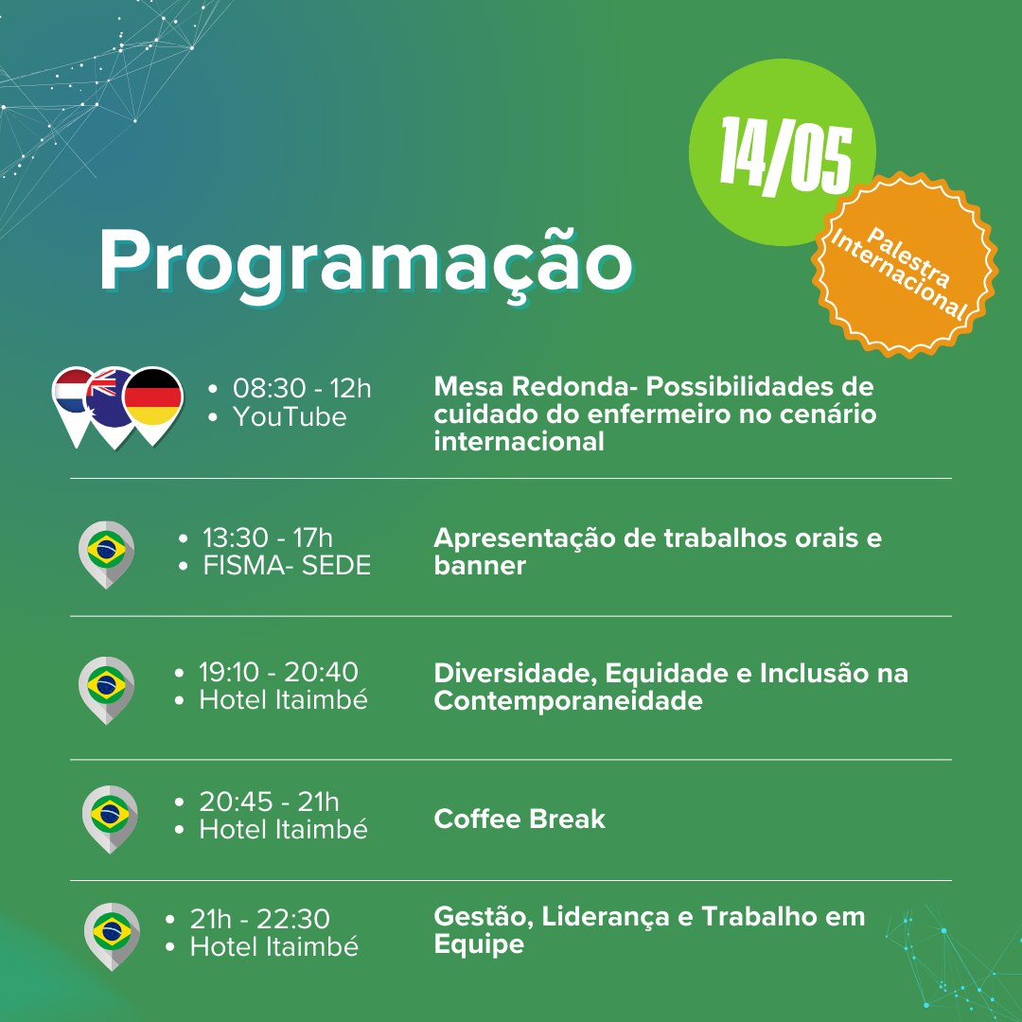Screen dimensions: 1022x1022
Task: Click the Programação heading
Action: (x=365, y=264)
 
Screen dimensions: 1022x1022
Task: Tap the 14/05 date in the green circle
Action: (x=786, y=156)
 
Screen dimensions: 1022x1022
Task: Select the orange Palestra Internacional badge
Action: (x=905, y=265)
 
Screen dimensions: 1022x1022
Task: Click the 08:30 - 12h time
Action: (x=302, y=389)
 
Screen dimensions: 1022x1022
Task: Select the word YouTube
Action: (x=290, y=417)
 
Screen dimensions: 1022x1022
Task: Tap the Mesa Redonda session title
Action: (x=655, y=414)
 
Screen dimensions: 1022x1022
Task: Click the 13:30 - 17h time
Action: (x=267, y=538)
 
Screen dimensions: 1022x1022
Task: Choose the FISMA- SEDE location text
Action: (x=287, y=566)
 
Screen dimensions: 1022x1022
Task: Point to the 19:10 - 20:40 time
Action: (x=278, y=672)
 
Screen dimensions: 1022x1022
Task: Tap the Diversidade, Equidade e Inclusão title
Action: (x=671, y=687)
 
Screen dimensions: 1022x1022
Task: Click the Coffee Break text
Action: (x=520, y=819)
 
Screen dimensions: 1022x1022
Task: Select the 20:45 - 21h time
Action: (x=269, y=802)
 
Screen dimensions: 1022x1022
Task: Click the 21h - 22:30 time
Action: (x=259, y=919)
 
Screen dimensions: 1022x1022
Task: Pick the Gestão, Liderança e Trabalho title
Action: (x=649, y=930)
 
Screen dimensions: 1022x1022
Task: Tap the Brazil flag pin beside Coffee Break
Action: (x=110, y=819)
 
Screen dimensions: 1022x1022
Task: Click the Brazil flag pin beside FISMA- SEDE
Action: (x=106, y=554)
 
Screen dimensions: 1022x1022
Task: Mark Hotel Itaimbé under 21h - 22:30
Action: (x=273, y=947)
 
